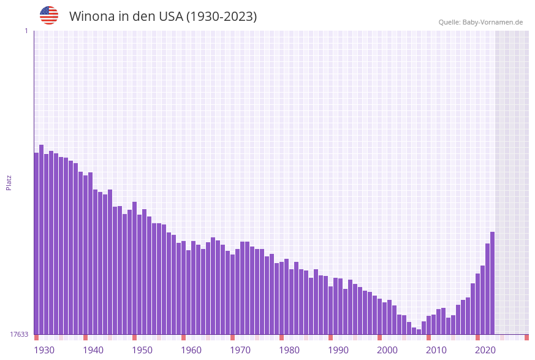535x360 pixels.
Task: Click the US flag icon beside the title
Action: tap(49, 15)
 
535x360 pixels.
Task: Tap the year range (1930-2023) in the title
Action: tap(221, 17)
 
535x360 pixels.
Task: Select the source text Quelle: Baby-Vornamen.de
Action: tap(480, 23)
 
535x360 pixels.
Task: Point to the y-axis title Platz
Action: tap(9, 182)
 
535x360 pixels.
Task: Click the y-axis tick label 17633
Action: tap(19, 334)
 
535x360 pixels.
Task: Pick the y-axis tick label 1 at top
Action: tap(26, 31)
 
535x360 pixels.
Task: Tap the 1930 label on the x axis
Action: tap(44, 350)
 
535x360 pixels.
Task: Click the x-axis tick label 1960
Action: tap(191, 350)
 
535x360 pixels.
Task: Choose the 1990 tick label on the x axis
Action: tap(338, 350)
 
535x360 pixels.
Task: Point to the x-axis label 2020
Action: tap(485, 350)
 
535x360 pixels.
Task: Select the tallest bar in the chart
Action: tap(42, 239)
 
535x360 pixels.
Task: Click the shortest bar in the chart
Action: tap(419, 332)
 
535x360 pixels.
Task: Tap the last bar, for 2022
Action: tap(493, 283)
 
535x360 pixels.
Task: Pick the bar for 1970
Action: tap(233, 294)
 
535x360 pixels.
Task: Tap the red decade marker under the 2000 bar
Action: tap(380, 337)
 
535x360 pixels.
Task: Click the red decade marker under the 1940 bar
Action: tap(86, 337)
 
